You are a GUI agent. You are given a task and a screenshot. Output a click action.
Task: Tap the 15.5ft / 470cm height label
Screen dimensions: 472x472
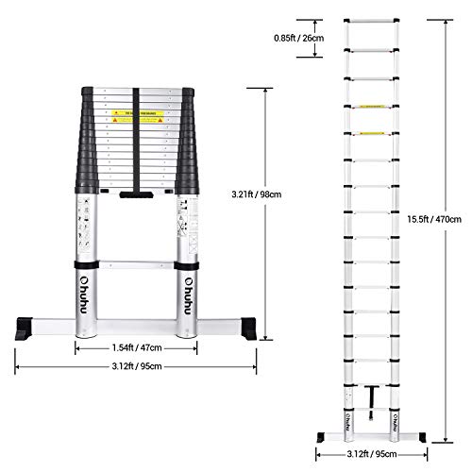point(446,222)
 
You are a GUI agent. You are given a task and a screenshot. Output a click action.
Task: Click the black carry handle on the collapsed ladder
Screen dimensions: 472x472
point(135,196)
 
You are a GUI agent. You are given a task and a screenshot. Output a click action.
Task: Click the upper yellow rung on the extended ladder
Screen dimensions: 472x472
point(373,105)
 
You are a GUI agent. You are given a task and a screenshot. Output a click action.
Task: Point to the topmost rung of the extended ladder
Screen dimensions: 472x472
point(373,21)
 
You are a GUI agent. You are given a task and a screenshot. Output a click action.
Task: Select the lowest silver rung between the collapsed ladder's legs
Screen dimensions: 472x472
point(135,261)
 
